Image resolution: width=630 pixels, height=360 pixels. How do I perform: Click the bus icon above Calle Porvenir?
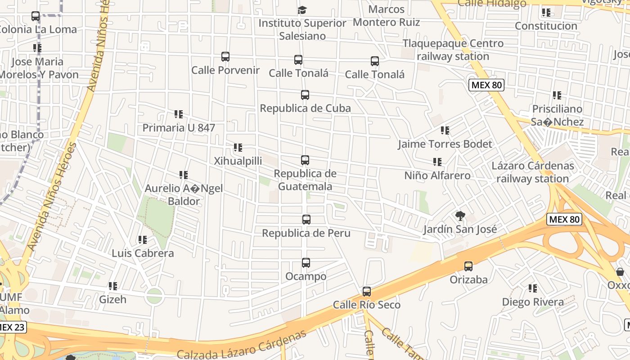coord(225,57)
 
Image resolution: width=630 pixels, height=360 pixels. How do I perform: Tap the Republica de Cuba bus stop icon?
coord(305,95)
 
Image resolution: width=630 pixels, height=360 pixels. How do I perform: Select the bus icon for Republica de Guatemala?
coord(305,160)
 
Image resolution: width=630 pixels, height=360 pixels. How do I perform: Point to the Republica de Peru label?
coord(306,233)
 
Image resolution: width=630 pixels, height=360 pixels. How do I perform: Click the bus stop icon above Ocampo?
coord(306,262)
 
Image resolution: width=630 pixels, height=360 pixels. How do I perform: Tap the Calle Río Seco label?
coord(367,305)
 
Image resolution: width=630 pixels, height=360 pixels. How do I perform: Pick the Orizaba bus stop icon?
coord(468,266)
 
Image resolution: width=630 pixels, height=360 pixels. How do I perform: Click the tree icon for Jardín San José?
coord(460,216)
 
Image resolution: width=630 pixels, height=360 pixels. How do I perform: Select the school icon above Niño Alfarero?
coord(437,162)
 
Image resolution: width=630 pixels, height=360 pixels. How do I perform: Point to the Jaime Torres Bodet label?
coord(445,144)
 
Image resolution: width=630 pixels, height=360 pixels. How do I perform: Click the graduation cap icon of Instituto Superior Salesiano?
coord(302,10)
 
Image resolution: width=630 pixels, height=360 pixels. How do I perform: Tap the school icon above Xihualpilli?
coord(238,147)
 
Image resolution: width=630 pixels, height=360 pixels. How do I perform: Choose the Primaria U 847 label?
coord(179,128)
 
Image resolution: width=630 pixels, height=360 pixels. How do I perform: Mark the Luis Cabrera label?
coord(143,253)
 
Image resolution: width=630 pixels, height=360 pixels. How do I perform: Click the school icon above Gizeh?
coord(113,286)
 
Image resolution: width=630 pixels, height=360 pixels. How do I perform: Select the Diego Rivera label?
coord(533,301)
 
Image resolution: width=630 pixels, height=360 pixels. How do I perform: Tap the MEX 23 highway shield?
coord(12,327)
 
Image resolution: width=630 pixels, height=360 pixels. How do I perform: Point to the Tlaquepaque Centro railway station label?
coord(453,50)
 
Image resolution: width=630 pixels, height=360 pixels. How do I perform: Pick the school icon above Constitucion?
coord(546,12)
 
